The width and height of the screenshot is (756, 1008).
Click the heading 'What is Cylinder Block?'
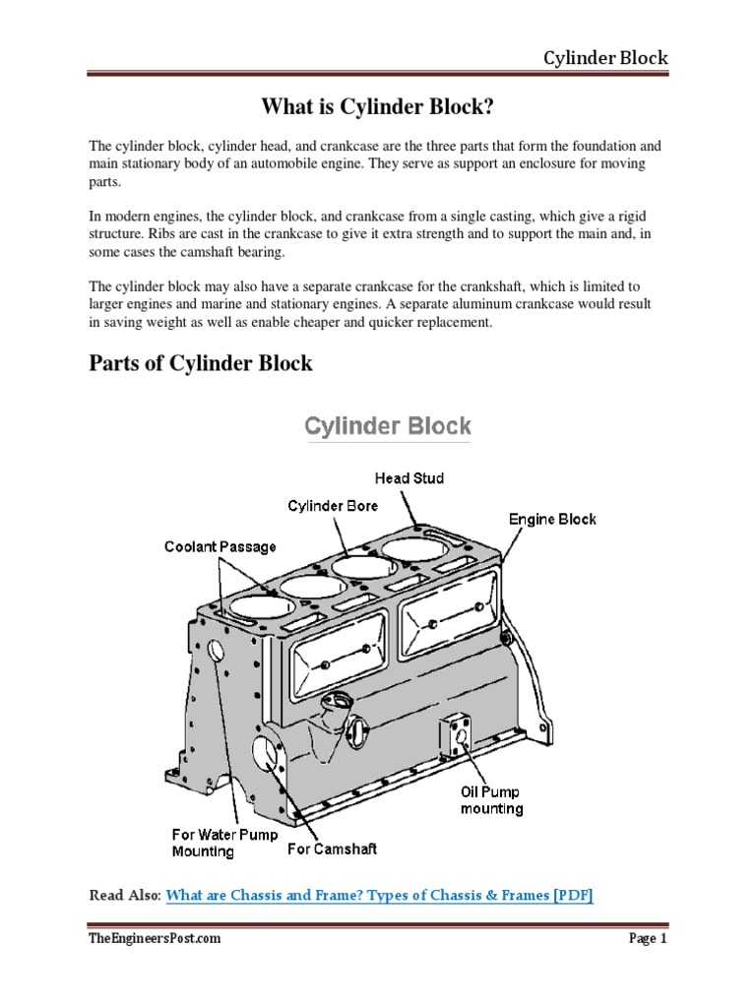[x=378, y=104]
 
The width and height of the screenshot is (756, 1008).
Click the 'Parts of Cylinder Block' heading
[x=201, y=363]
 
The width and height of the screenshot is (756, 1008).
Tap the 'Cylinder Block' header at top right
[x=605, y=57]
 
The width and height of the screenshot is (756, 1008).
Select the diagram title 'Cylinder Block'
[x=388, y=426]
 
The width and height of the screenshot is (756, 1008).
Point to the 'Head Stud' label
[x=409, y=478]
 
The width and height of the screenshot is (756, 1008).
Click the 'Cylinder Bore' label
[x=333, y=506]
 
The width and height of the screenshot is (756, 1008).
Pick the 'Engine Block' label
[x=551, y=519]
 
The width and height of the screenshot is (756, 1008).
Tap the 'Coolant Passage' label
[x=220, y=546]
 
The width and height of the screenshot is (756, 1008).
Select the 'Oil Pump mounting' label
[x=491, y=799]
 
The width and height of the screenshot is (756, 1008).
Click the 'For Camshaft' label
[x=332, y=849]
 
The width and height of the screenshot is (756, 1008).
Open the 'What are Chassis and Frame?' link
[x=379, y=895]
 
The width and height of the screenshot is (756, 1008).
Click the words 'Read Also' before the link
[x=124, y=895]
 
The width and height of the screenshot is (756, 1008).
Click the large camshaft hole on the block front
[x=266, y=753]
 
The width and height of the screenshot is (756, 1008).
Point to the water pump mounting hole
[x=216, y=650]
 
